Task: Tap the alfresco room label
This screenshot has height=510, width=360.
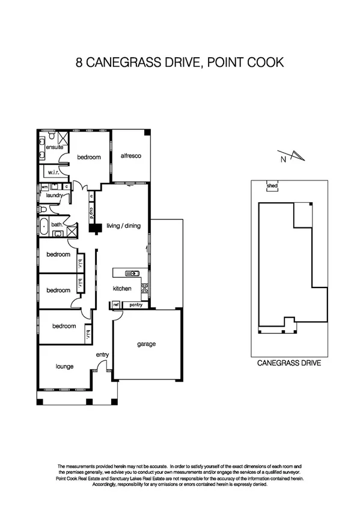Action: click(x=130, y=156)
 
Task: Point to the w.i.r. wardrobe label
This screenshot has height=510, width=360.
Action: click(x=51, y=172)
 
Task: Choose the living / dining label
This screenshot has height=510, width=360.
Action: click(x=123, y=226)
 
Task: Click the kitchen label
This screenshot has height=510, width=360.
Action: click(x=122, y=289)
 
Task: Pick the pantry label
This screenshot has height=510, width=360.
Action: click(x=135, y=305)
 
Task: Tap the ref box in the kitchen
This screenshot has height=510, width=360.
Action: click(x=115, y=305)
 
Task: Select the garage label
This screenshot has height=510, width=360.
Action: click(x=146, y=344)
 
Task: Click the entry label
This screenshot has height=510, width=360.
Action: click(x=102, y=355)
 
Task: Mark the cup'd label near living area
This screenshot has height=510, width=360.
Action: click(x=91, y=213)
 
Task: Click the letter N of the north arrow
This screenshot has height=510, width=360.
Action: click(x=282, y=159)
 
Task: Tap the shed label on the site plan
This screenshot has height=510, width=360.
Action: click(x=272, y=186)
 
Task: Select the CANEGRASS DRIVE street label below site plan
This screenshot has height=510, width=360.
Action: click(x=289, y=363)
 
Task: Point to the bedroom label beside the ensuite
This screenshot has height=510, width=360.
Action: click(x=88, y=157)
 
